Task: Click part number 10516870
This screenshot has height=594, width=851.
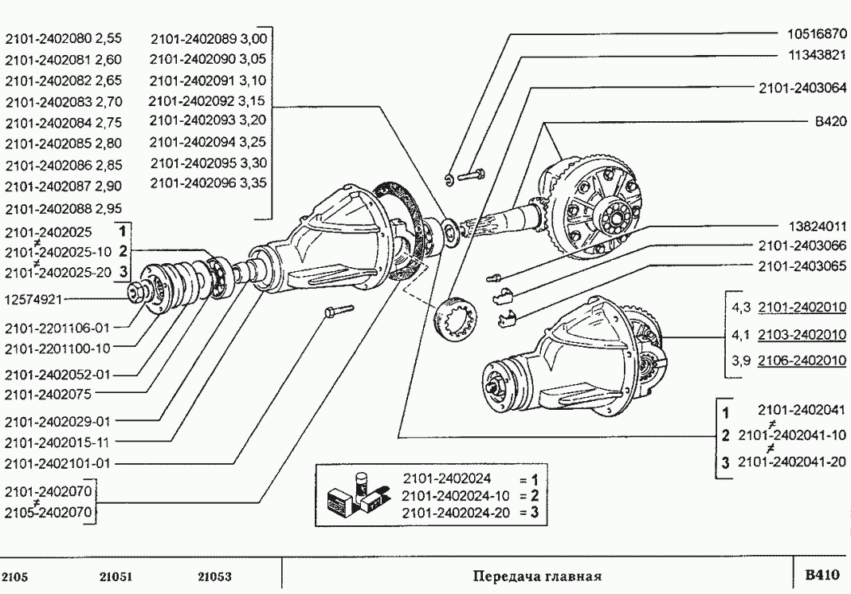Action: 812,34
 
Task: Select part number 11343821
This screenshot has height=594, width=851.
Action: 812,56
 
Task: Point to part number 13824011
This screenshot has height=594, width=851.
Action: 812,226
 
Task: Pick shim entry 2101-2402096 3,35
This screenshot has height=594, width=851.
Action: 208,183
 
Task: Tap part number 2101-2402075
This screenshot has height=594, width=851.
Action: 48,393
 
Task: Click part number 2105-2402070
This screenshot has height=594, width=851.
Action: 48,509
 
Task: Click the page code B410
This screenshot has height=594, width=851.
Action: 821,574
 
